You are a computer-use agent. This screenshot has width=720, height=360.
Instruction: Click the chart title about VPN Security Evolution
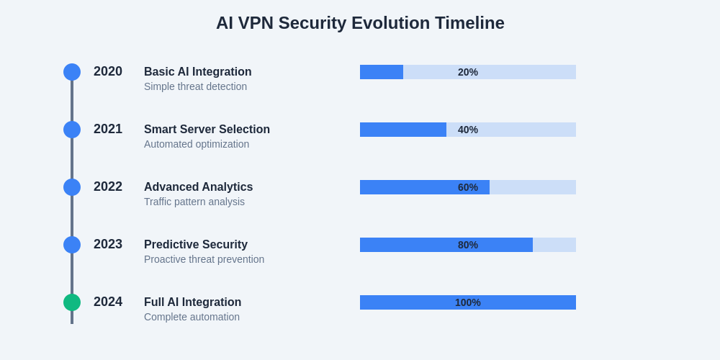360,23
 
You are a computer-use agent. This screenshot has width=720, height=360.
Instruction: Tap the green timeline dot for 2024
72,302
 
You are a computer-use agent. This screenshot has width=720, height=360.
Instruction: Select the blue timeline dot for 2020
72,72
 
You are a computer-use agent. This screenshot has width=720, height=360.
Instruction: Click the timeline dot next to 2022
72,187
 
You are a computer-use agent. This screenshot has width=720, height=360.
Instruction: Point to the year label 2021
108,129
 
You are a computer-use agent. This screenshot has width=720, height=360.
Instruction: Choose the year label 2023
108,244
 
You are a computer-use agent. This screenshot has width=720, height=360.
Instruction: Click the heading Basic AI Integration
198,72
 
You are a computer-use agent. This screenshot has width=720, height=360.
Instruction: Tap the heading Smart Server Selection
207,130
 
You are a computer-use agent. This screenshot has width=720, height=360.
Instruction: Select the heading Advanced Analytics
198,187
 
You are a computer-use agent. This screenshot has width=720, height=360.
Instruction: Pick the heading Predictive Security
196,245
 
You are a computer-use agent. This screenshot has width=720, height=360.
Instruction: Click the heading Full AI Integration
192,302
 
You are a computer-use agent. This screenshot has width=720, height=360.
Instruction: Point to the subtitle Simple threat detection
195,86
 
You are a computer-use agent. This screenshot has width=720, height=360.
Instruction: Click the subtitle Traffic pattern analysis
194,202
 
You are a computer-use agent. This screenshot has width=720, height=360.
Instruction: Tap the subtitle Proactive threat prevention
204,259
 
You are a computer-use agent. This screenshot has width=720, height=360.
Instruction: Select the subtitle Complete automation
192,317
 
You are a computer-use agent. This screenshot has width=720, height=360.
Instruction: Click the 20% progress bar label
468,72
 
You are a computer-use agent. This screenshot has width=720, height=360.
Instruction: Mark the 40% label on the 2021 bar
468,130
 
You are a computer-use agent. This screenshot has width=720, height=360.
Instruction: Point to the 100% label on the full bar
468,302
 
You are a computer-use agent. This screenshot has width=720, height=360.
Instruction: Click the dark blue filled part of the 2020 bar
382,72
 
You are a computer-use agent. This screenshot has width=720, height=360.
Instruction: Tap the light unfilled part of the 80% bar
554,245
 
